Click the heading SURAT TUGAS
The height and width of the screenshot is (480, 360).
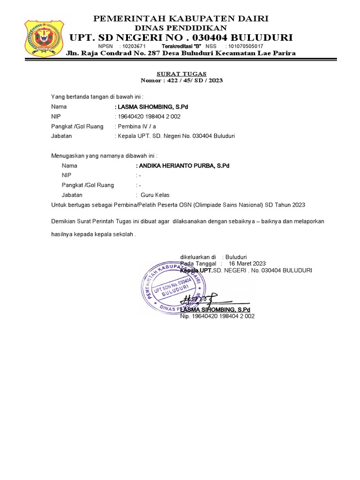coord(181,74)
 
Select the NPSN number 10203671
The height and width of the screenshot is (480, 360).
coord(134,46)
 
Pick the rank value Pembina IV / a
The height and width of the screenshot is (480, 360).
coord(139,127)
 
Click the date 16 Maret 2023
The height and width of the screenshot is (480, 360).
coord(247,264)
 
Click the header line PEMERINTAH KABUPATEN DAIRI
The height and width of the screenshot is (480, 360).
coord(181,19)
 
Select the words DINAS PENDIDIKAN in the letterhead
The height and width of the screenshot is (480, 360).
coord(180,28)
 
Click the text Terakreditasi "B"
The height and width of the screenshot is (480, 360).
coord(181,46)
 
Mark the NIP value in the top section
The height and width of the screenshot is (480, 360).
coord(150,117)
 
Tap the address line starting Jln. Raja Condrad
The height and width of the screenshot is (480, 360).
coord(181,53)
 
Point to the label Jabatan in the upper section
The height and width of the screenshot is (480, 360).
coord(62,136)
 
